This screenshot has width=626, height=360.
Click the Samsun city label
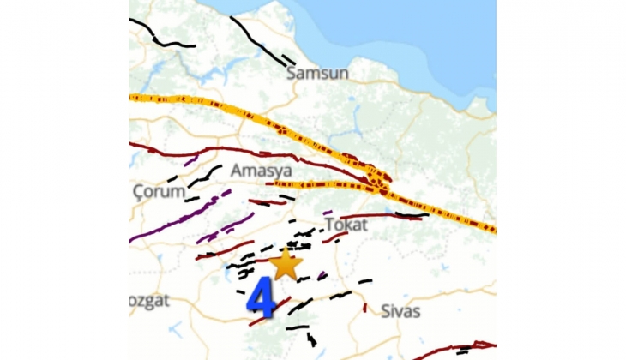[x=317, y=73]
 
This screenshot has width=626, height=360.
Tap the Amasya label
[x=262, y=171]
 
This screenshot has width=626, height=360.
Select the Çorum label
[x=159, y=192]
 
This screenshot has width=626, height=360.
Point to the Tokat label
[x=346, y=225]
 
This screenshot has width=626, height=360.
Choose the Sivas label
[x=400, y=310]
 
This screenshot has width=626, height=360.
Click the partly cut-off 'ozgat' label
[x=150, y=300]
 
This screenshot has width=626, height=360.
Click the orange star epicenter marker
[x=286, y=264]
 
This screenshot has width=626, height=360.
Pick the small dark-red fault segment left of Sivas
[x=365, y=307]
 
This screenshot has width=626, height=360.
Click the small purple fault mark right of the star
[x=322, y=276]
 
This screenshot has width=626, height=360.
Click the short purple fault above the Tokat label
[x=328, y=212]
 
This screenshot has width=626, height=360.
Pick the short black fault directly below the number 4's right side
[x=297, y=327]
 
